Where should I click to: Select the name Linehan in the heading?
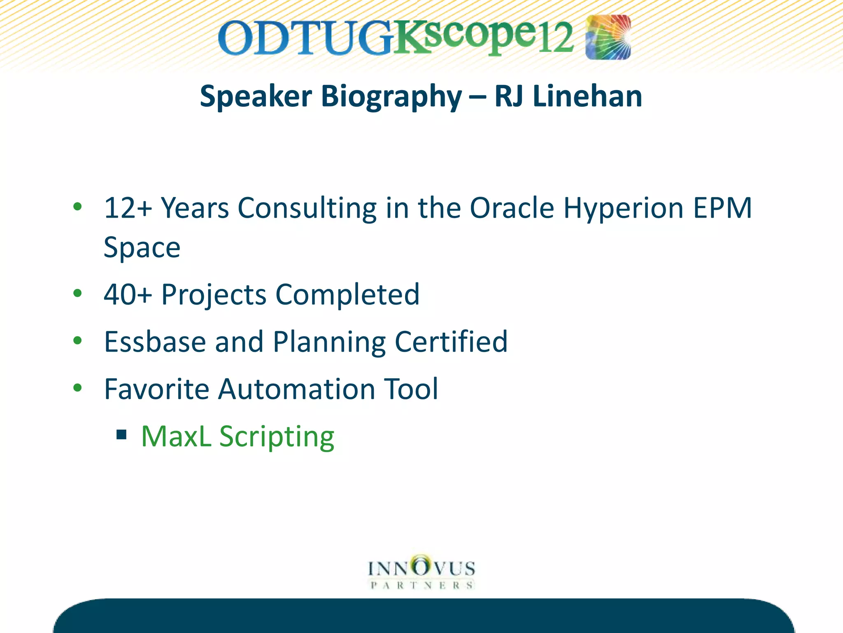tap(587, 96)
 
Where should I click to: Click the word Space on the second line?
tap(142, 248)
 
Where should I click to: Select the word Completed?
tap(347, 295)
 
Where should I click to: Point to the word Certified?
tap(451, 342)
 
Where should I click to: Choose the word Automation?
tap(296, 389)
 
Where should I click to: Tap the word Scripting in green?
tap(277, 437)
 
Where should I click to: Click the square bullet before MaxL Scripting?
tap(121, 435)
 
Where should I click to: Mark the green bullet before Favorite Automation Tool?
tap(77, 388)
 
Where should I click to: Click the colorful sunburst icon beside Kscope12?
tap(608, 37)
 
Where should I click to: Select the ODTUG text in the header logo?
tap(305, 39)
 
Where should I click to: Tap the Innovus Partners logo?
tap(421, 573)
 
